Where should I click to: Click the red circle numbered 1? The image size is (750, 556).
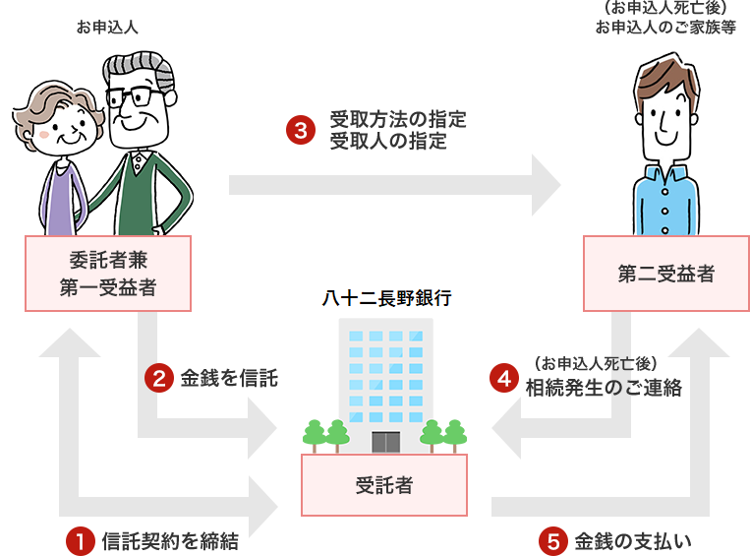[77, 540]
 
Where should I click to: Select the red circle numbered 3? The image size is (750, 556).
[299, 131]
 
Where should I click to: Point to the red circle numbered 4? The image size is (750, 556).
[504, 378]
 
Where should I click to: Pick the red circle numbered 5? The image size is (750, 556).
[552, 540]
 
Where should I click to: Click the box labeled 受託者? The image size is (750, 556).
[383, 485]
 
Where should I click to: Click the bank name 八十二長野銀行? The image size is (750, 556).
[386, 297]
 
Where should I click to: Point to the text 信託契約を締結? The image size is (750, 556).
[170, 540]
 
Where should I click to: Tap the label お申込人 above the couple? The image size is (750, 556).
[107, 27]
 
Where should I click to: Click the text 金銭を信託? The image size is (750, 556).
[229, 378]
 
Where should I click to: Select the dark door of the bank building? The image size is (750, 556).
[385, 441]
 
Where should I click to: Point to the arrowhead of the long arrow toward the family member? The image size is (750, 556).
[547, 184]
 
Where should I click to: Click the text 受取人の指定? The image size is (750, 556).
[388, 142]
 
